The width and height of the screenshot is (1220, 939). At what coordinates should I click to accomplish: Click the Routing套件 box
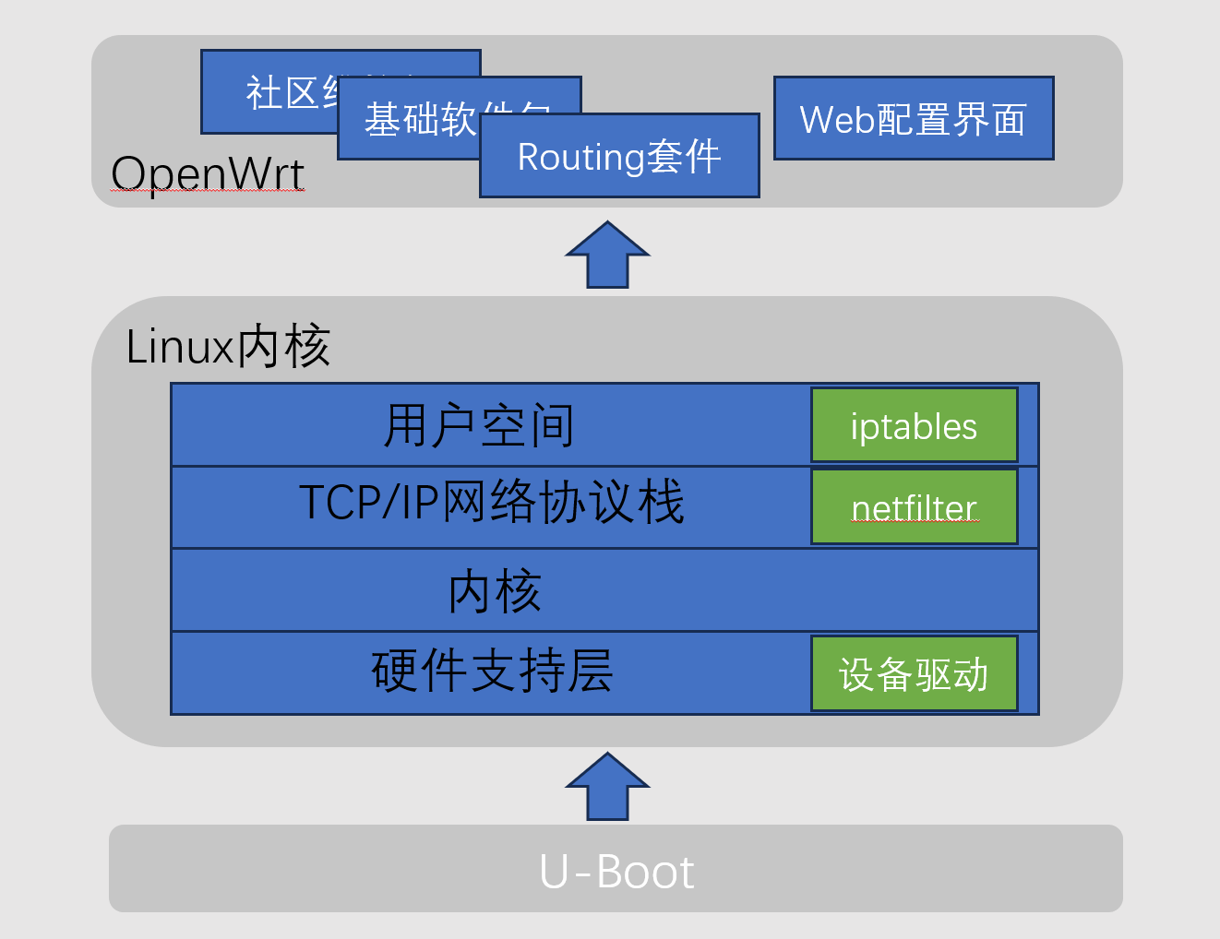619,156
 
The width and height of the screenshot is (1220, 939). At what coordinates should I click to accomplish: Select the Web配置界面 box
913,119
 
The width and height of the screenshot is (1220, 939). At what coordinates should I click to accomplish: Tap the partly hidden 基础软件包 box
406,120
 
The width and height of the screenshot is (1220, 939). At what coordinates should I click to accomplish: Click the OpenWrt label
207,172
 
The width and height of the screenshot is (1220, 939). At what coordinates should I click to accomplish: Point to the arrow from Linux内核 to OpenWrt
607,256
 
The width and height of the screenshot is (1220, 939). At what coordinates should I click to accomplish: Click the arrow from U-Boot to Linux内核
607,787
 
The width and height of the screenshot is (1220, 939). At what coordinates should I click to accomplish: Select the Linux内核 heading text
227,347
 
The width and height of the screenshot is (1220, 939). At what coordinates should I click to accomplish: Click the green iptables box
914,425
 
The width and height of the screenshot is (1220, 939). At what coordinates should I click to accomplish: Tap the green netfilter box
914,506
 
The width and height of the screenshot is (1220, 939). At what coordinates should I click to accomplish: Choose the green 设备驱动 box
914,673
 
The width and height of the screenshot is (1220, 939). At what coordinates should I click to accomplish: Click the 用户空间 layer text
479,425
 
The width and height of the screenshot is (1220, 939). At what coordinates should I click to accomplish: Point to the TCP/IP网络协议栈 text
491,503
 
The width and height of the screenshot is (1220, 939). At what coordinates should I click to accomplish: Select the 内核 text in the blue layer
494,590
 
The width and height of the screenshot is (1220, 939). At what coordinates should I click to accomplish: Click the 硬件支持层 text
492,671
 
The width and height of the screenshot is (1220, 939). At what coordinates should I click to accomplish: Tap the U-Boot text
616,872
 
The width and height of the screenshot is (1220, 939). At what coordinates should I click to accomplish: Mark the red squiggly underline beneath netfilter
914,522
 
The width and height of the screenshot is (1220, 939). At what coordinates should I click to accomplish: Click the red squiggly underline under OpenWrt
207,190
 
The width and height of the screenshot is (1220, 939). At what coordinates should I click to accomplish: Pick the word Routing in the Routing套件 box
580,157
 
